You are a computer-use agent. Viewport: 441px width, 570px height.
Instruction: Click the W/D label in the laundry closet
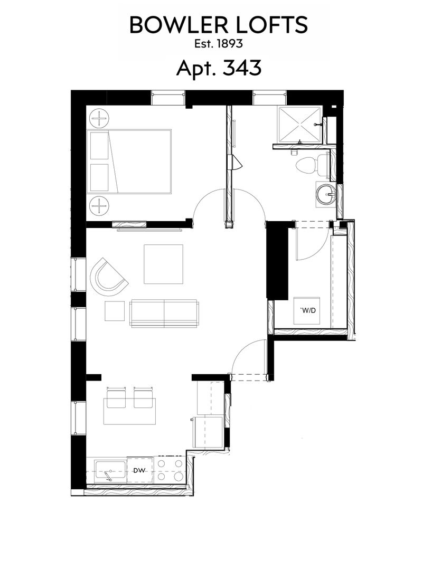[x=307, y=310]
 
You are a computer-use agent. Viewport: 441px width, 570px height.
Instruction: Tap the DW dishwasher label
[x=139, y=470]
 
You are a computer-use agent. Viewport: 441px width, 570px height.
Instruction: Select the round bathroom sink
[x=326, y=195]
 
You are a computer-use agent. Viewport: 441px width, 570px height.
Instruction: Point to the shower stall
[x=298, y=125]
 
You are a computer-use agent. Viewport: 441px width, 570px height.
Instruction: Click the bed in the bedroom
[x=130, y=161]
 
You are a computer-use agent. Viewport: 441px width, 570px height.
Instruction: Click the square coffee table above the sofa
[x=163, y=264]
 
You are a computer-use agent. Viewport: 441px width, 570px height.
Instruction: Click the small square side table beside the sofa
[x=114, y=311]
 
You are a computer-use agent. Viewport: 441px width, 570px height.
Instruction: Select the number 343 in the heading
[x=242, y=68]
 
